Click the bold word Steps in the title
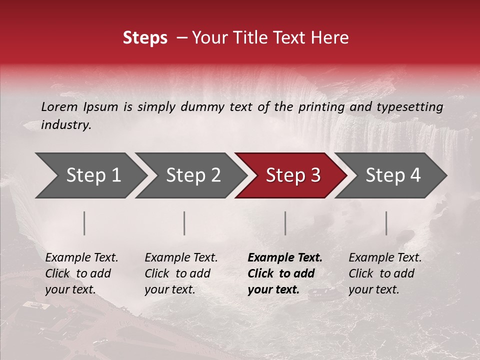click(x=145, y=37)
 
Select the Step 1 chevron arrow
click(x=90, y=175)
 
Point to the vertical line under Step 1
click(x=84, y=223)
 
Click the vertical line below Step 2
click(x=184, y=223)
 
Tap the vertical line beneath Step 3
click(x=285, y=223)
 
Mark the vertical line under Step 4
click(x=386, y=223)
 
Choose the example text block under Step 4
click(x=385, y=273)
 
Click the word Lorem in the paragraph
click(x=59, y=106)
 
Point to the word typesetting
click(x=409, y=106)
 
